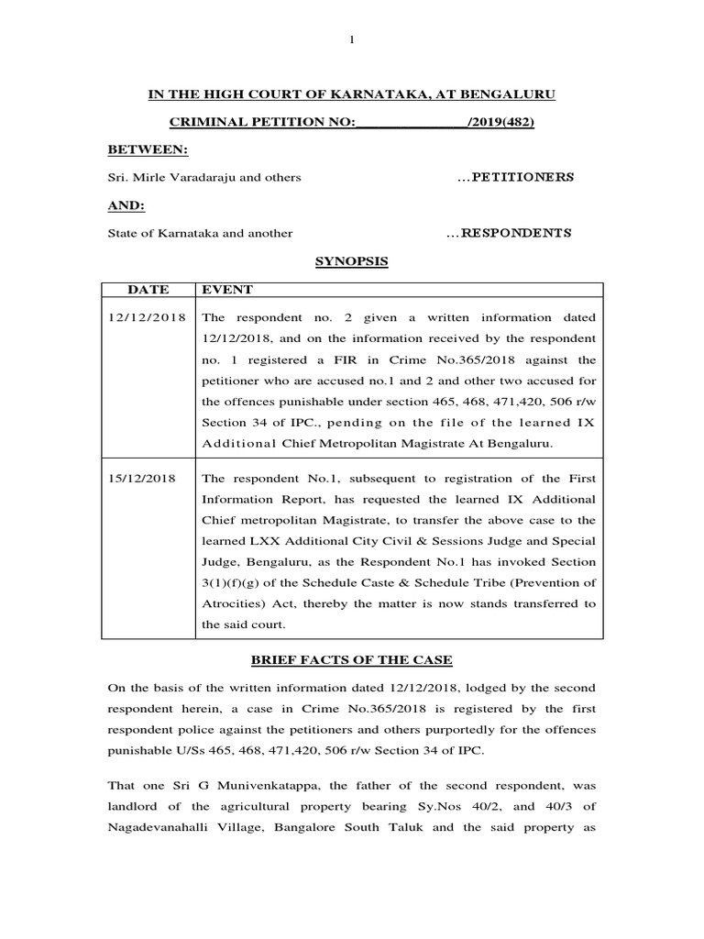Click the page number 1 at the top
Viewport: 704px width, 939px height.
(352, 39)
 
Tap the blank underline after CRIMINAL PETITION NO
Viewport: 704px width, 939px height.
(410, 123)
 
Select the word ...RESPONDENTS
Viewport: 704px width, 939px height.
(509, 233)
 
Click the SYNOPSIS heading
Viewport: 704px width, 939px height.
(352, 261)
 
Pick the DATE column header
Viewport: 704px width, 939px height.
(148, 290)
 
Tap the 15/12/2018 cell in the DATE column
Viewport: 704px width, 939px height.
(148, 478)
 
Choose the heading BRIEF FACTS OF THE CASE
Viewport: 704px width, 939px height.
(352, 661)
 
